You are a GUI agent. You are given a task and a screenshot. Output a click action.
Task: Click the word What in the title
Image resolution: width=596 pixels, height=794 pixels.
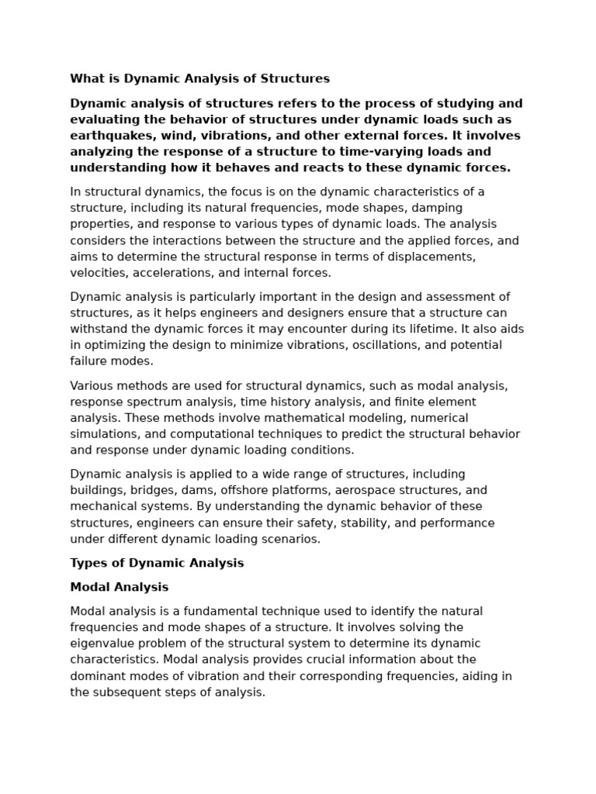pos(86,78)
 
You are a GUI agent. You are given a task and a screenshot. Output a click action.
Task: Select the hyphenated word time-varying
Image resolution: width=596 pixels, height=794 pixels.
pos(367,152)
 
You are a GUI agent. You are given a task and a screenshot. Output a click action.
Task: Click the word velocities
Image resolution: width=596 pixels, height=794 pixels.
pos(98,272)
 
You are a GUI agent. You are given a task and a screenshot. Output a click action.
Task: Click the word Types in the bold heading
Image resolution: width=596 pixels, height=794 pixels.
pos(87,563)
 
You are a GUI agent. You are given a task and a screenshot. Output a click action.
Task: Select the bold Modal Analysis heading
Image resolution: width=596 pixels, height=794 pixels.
pos(119,587)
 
